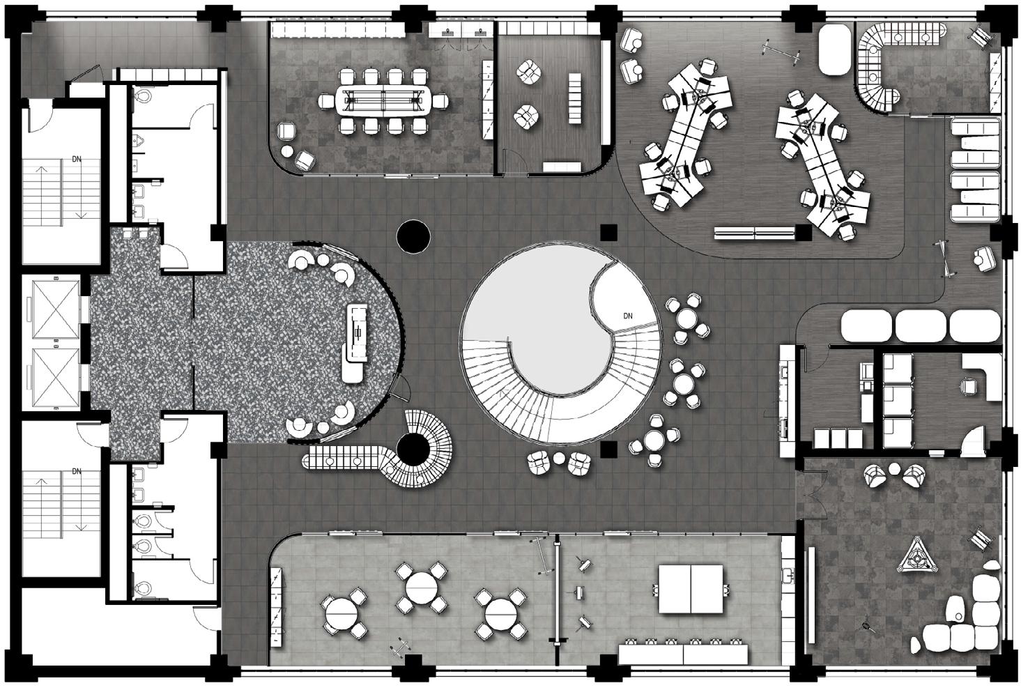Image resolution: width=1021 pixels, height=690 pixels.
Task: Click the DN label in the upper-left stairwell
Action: point(77,159)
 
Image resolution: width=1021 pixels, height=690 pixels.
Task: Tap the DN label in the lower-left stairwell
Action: point(77,472)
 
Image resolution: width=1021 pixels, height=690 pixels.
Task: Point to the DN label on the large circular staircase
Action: point(628,316)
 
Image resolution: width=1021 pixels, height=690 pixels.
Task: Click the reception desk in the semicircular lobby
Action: point(355,342)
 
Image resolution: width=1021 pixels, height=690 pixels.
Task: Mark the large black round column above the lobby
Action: point(414,236)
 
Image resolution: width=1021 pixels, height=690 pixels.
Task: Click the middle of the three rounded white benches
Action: point(920,326)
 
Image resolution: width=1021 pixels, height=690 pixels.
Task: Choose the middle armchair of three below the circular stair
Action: point(558,461)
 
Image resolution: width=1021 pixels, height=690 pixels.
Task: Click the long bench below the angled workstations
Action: point(755,233)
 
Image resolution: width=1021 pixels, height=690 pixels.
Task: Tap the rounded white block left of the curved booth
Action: point(835,50)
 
